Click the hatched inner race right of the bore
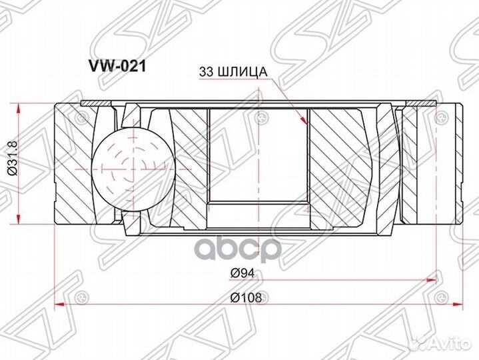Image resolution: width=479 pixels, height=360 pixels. click(x=336, y=163)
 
